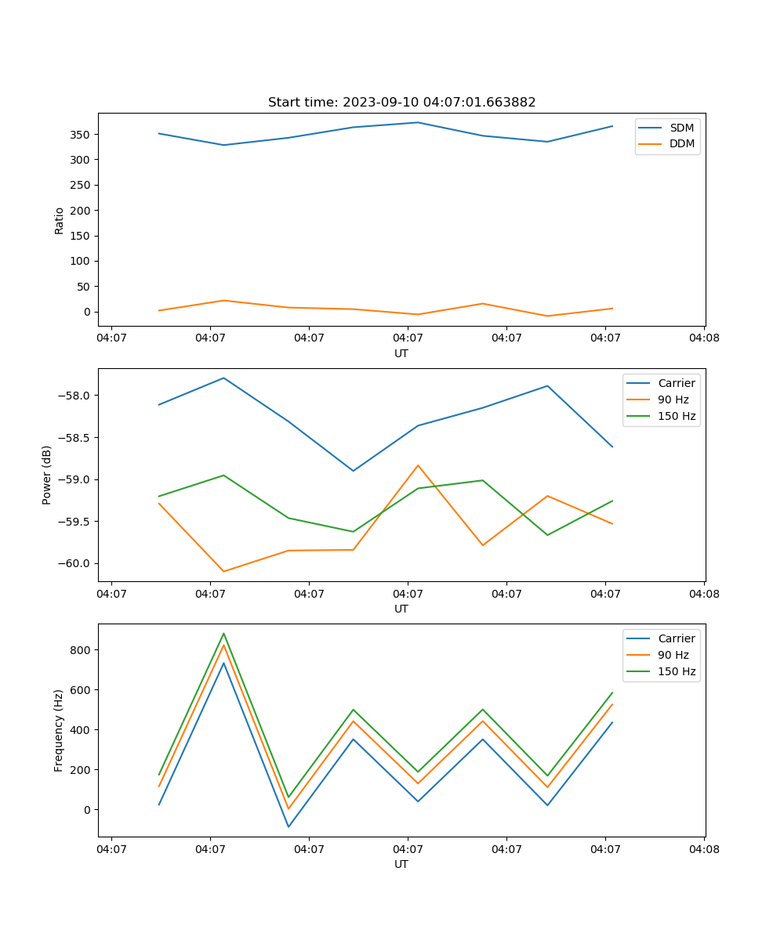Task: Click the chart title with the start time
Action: [x=401, y=103]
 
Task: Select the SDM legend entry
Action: [x=681, y=128]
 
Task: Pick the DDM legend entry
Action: [x=681, y=143]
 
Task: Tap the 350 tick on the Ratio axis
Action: [x=82, y=135]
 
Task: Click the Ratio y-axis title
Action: [x=60, y=220]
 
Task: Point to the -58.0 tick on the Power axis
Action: [x=75, y=396]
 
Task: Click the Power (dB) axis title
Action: [x=47, y=475]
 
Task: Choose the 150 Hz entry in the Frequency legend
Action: [x=677, y=671]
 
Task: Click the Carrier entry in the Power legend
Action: [x=676, y=383]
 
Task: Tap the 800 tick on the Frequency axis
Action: [x=82, y=650]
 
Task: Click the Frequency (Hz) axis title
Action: [x=59, y=730]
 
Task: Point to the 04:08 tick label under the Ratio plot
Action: [x=704, y=338]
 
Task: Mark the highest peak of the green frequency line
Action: [x=223, y=633]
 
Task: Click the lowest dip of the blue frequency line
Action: [x=289, y=826]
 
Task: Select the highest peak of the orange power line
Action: [x=418, y=465]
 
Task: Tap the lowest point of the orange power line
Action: [x=223, y=571]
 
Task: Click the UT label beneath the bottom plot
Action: [x=401, y=864]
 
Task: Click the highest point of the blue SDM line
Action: [x=418, y=122]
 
